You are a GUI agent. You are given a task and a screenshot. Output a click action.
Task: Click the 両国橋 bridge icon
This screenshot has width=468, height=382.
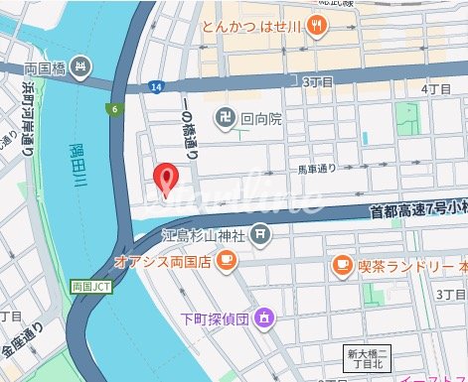coord(81,68)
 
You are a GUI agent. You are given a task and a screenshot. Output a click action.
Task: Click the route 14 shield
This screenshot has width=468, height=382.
coord(156,89)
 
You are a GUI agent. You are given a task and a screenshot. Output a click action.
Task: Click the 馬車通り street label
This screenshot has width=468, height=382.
coord(319,170)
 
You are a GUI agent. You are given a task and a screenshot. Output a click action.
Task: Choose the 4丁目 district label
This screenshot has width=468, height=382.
coord(437,89)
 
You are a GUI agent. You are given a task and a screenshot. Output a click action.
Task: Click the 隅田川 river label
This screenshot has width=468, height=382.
coord(78,168)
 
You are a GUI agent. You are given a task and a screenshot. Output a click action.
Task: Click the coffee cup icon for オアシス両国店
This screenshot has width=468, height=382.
coord(227,261)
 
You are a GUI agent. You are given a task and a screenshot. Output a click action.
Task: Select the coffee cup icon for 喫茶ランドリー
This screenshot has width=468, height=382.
coord(342,265)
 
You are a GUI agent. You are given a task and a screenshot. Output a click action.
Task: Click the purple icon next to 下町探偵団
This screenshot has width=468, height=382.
coord(264,291)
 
